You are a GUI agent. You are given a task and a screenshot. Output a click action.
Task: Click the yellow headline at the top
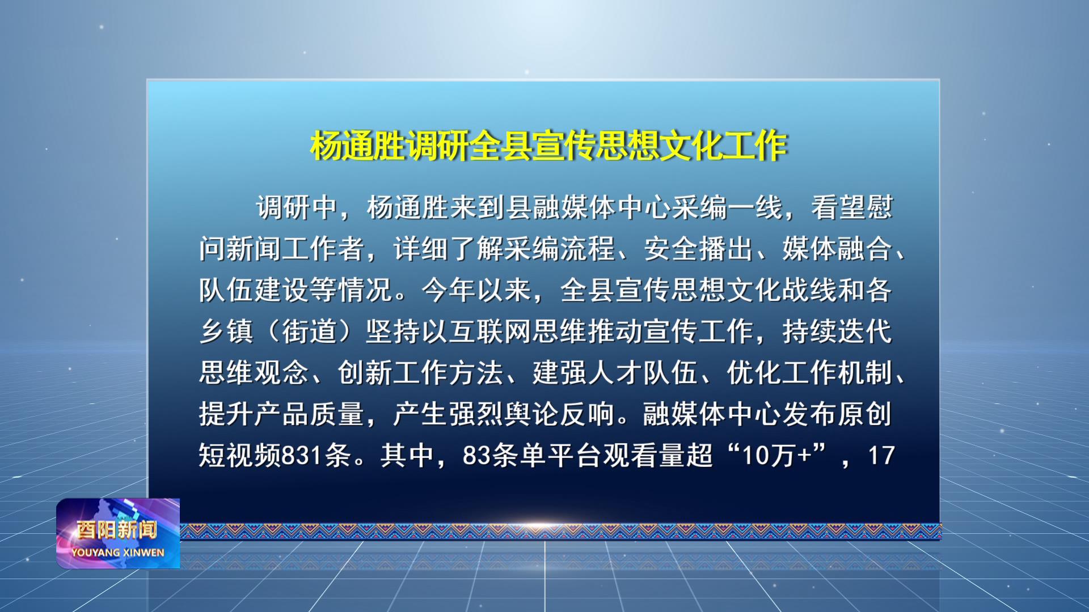click(549, 146)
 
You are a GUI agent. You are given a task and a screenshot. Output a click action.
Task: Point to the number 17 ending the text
click(881, 456)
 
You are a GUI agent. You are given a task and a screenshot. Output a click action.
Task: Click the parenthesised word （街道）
click(310, 331)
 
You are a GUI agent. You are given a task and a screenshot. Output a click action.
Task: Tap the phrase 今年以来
click(476, 290)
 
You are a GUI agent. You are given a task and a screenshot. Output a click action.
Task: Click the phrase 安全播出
click(698, 249)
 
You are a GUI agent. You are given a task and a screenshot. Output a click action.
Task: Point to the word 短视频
click(240, 456)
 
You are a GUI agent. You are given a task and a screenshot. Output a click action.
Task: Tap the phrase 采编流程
click(559, 249)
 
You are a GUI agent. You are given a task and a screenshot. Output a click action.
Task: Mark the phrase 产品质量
click(309, 414)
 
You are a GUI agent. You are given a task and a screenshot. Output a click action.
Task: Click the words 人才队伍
click(643, 373)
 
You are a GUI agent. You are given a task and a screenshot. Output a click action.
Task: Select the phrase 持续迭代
click(837, 331)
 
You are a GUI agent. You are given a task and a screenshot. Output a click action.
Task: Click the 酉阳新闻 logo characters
click(117, 530)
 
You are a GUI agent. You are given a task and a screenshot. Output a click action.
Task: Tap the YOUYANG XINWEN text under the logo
click(118, 552)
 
